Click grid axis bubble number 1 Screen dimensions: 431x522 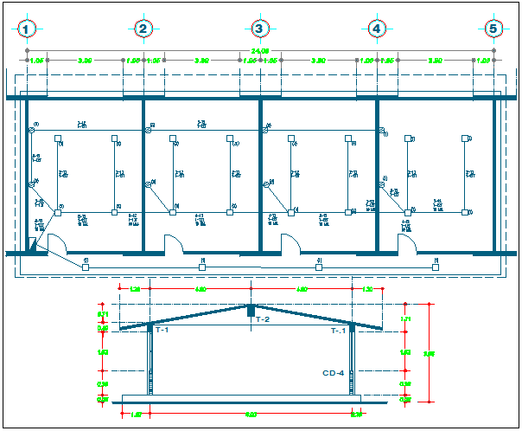tap(29, 29)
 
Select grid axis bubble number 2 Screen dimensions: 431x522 tap(143, 29)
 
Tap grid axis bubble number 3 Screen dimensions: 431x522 tap(259, 29)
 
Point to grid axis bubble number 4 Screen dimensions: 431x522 tap(376, 29)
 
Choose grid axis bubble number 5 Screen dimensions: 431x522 tap(493, 29)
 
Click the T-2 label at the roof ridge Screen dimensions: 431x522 tap(264, 320)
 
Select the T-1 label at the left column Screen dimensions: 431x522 tap(162, 331)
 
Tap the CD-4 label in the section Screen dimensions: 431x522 tap(334, 374)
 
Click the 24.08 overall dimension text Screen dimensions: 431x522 tap(260, 52)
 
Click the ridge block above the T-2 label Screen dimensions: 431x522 tap(251, 309)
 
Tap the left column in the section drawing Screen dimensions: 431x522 tap(151, 363)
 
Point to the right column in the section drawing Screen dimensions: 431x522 tap(352, 363)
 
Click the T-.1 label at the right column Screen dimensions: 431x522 tap(340, 331)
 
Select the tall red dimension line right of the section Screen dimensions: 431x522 tap(430, 352)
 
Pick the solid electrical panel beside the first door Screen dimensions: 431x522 tap(33, 248)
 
